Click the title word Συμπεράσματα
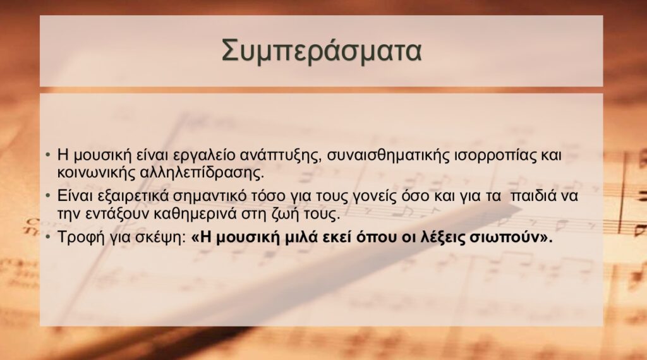(322, 51)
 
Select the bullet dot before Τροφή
(48, 238)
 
